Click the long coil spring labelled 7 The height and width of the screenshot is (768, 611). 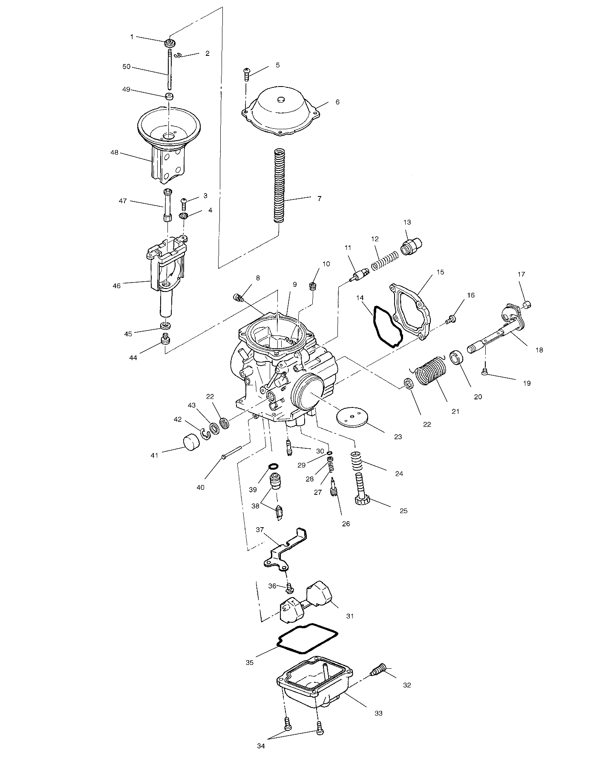(279, 185)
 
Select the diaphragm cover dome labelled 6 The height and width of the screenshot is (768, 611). (280, 112)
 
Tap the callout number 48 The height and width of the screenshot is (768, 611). (115, 153)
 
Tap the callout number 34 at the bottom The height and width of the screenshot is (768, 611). (261, 746)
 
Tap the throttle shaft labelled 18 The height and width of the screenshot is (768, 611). (496, 337)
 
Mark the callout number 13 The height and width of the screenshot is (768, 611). (407, 222)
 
